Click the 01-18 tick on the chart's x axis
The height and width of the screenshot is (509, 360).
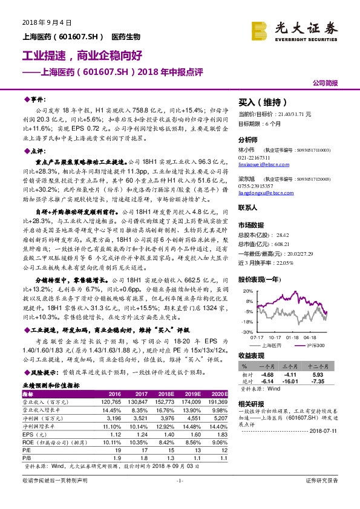[292, 338]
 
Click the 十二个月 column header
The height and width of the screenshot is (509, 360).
[330, 366]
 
